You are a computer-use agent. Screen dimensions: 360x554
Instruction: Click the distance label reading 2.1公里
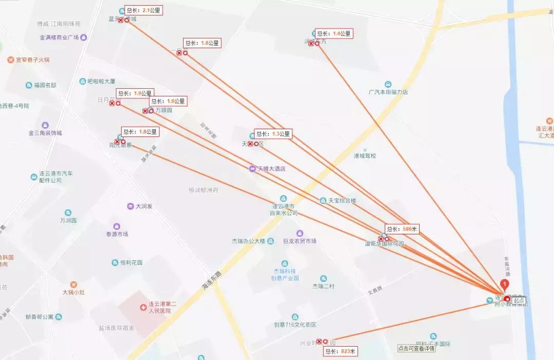coord(144,10)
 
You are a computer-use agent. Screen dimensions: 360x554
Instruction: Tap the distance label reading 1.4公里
coord(334,34)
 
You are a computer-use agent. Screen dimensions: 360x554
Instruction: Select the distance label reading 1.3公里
coord(273,134)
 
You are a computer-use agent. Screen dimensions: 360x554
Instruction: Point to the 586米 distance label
coord(403,229)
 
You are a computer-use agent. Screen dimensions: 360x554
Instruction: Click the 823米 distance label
coord(340,351)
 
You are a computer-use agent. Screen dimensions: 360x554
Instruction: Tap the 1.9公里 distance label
coord(134,93)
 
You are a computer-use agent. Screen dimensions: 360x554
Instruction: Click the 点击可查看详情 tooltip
coord(416,348)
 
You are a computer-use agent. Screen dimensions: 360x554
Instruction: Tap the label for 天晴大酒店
coord(271,169)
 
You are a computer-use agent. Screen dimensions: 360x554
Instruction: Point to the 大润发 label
coord(144,206)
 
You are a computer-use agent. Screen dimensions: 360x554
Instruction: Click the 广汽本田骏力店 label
coord(388,92)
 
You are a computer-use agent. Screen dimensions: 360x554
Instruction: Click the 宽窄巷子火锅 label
coord(32,60)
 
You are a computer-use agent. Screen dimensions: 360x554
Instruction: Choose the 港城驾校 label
coord(365,155)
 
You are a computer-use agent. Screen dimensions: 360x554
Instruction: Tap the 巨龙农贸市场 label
coord(300,241)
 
